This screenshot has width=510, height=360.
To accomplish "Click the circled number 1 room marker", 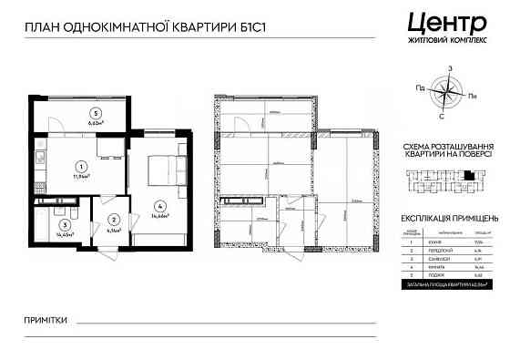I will (82, 167).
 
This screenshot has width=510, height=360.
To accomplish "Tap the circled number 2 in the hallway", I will (113, 220).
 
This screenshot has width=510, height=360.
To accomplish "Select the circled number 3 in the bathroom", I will (65, 224).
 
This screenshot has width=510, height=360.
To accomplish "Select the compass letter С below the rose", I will (442, 116).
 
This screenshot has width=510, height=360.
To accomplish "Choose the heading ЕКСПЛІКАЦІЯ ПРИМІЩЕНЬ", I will (450, 219).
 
